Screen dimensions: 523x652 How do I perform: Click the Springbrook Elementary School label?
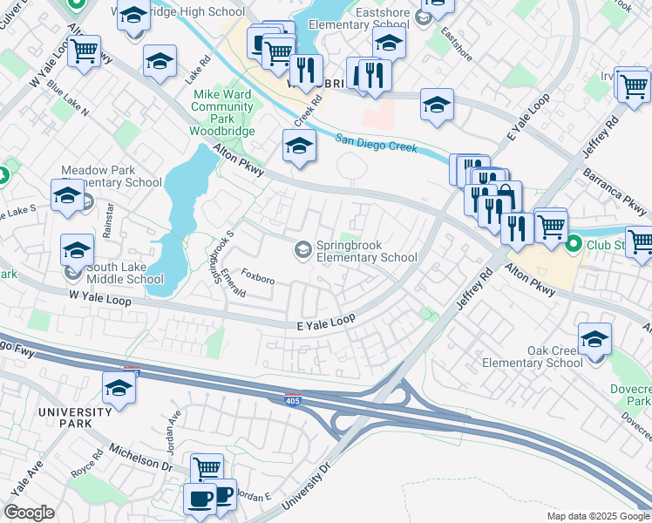pos(366,250)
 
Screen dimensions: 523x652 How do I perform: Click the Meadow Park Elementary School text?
pos(111,176)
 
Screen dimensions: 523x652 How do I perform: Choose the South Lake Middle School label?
pos(118,273)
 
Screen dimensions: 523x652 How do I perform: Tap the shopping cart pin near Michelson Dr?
pos(207,469)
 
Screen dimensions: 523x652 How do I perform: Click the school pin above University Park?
pos(119,389)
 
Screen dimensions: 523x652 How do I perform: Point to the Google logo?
pos(30,513)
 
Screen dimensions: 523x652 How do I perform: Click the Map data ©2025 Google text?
pos(597,516)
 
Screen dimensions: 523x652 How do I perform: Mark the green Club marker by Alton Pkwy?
pos(574,244)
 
